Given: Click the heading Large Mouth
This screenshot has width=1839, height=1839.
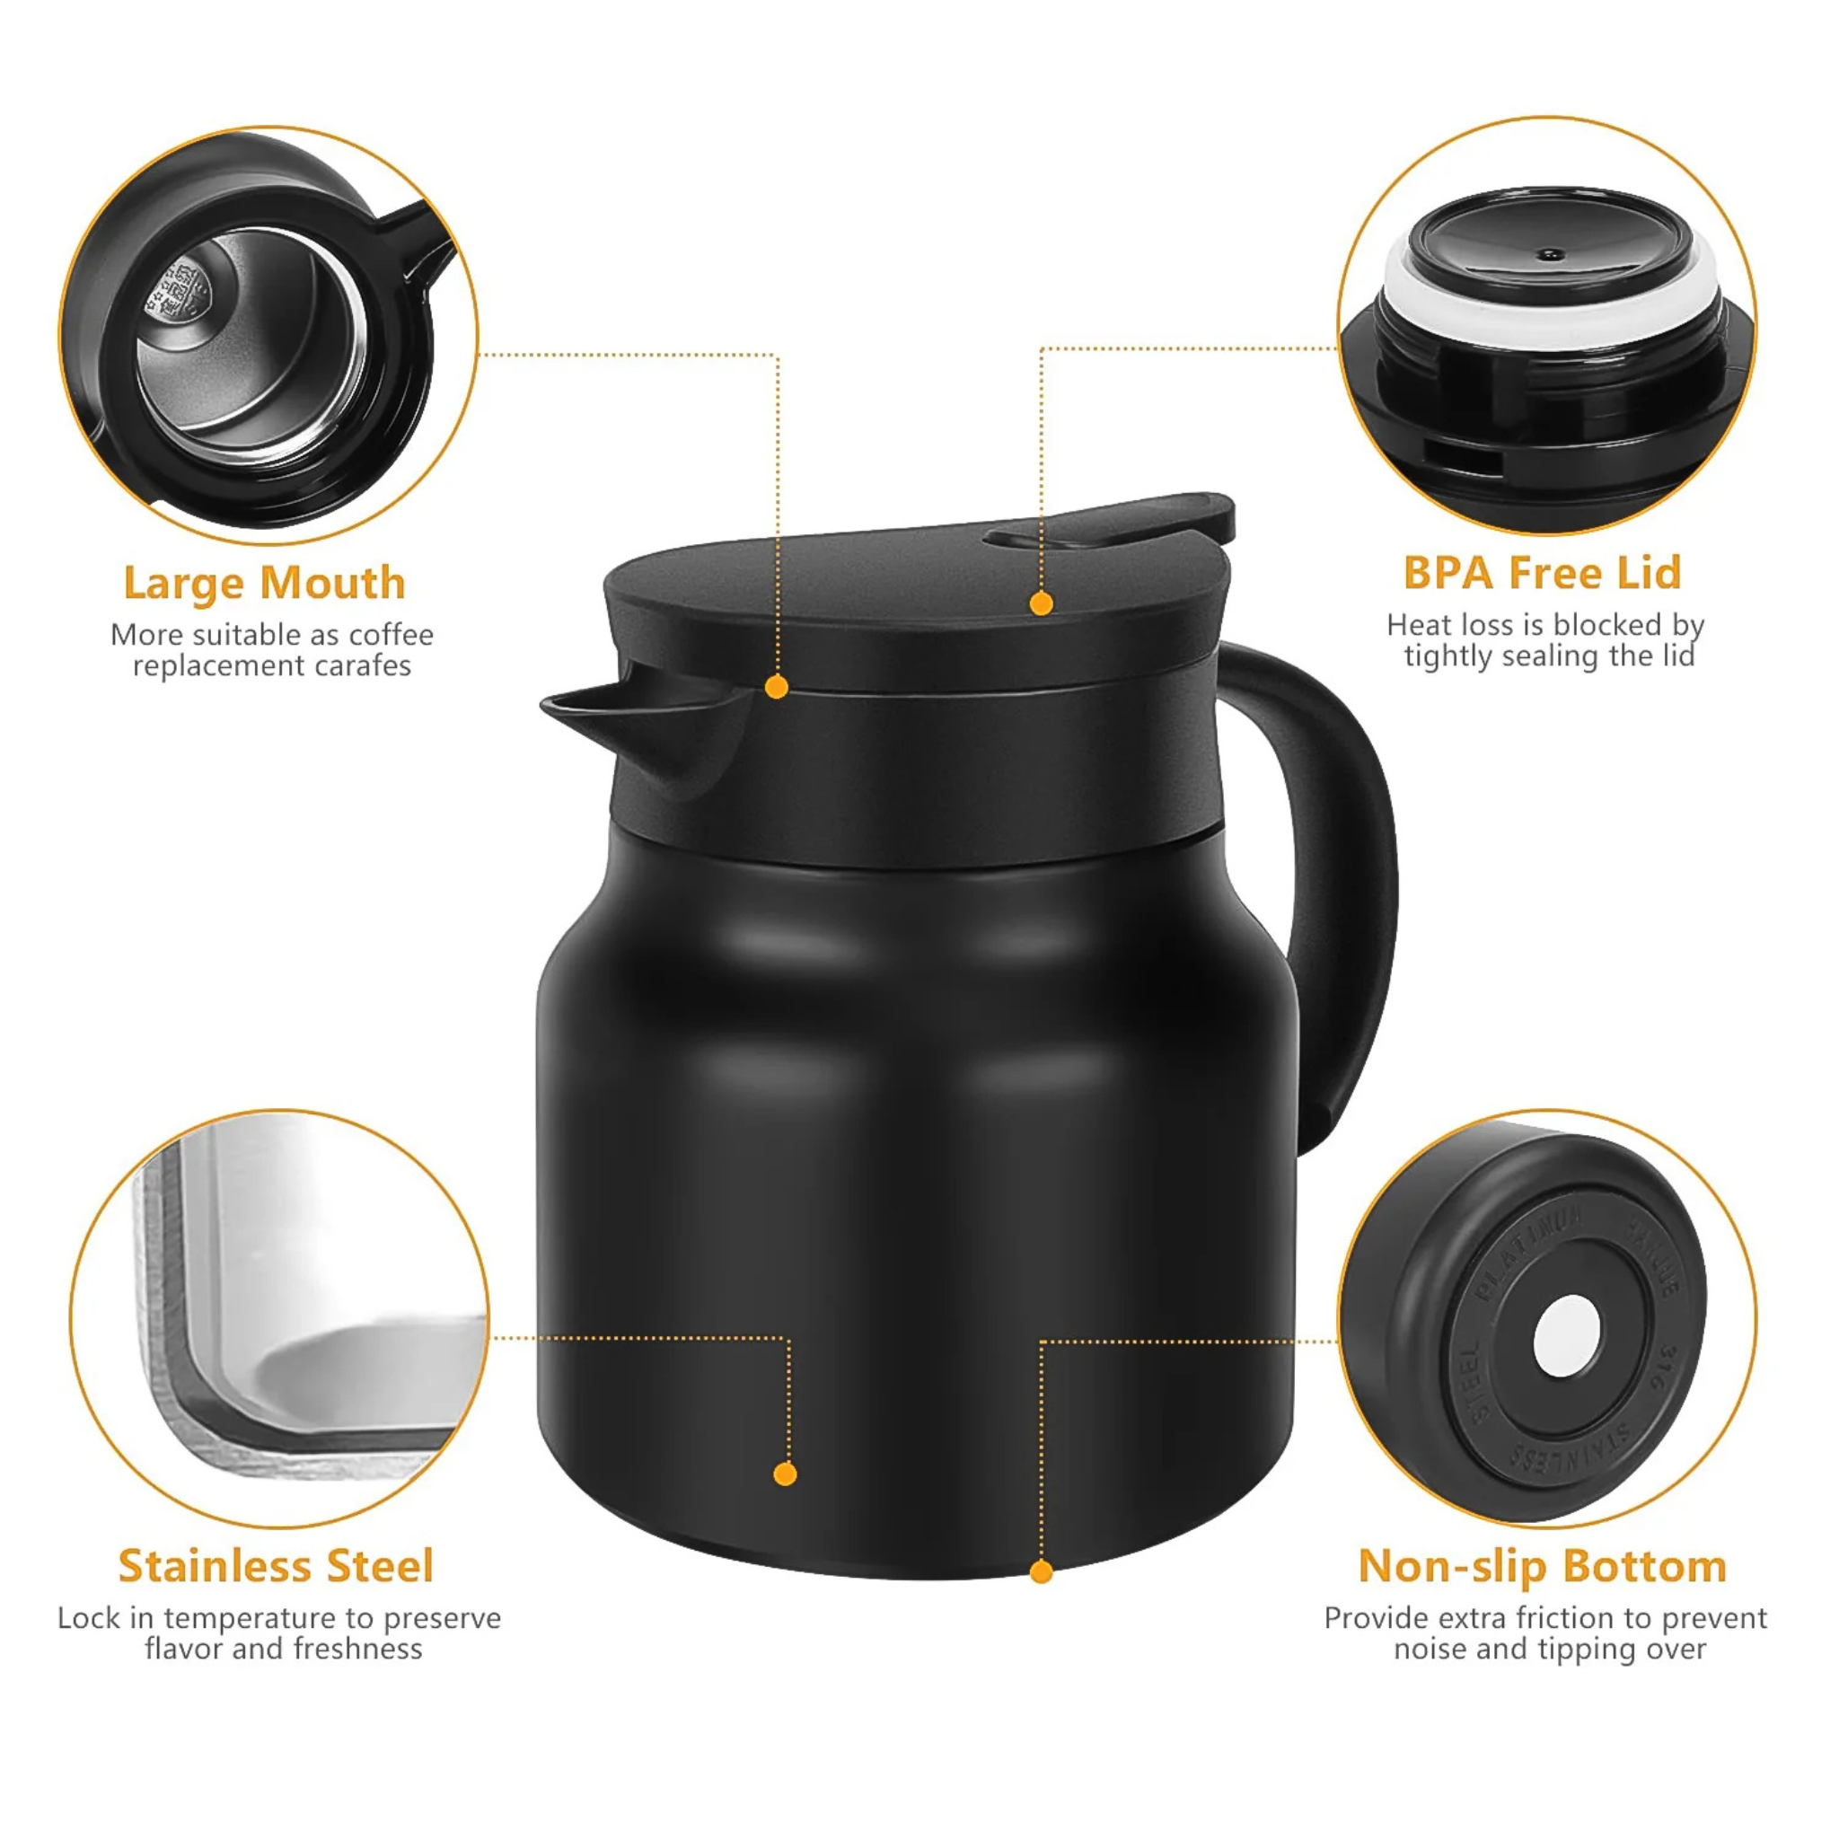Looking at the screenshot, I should [265, 584].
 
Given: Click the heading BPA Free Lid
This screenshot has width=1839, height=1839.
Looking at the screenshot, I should [1542, 573].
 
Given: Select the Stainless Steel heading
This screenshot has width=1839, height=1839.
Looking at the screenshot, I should [276, 1567].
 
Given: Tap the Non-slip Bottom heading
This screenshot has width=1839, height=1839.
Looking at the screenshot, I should [1542, 1567].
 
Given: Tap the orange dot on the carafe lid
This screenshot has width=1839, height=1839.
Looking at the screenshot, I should [1042, 603].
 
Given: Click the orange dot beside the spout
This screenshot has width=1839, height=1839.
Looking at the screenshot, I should [777, 687].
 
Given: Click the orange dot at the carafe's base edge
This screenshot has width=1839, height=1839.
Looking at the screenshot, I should [1042, 1572].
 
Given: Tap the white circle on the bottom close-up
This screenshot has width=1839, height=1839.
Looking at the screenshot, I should [1566, 1336].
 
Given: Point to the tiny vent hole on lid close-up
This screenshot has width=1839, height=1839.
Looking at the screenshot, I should [1551, 255].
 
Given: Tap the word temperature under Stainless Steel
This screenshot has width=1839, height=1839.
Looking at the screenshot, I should [251, 1618].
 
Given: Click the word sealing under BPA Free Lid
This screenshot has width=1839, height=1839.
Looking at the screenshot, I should [1552, 656].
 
